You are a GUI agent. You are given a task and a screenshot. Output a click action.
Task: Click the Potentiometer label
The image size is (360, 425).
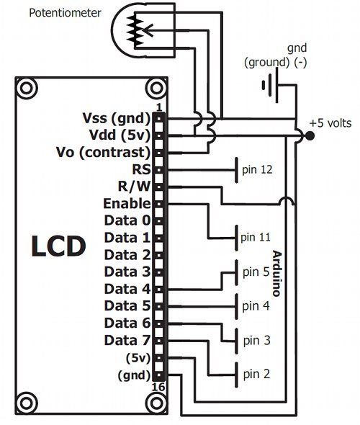[x=65, y=13]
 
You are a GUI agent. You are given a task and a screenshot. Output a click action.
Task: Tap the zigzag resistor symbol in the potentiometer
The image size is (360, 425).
[x=135, y=30]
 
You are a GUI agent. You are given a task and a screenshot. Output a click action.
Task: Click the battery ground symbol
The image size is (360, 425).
[x=270, y=86]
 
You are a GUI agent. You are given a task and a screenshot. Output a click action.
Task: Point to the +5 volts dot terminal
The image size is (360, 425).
[x=310, y=135]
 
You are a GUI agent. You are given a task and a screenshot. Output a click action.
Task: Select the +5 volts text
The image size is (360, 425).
[x=330, y=123]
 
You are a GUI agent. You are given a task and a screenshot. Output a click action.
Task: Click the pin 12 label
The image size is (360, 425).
[x=257, y=170]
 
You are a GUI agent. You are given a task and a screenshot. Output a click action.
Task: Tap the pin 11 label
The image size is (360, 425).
[x=256, y=238]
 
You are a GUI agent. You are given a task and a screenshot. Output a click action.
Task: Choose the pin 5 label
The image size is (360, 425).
[x=256, y=272]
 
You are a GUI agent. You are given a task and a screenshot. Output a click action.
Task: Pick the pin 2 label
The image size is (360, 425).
[x=256, y=374]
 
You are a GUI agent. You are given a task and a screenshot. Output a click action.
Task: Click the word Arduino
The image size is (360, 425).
[x=276, y=273]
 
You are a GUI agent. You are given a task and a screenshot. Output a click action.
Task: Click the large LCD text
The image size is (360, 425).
[x=58, y=246]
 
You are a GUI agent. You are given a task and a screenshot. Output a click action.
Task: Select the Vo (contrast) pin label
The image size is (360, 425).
[x=103, y=152]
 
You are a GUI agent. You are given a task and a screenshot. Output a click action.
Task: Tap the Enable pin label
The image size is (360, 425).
[x=127, y=203]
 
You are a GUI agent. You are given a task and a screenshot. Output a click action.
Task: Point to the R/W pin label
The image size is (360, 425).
[x=134, y=187]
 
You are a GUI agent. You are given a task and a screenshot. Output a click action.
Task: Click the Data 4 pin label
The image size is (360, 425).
[x=127, y=289]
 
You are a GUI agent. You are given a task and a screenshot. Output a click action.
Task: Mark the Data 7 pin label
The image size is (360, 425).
[x=127, y=341]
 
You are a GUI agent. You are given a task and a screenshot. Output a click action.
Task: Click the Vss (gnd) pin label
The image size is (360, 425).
[x=116, y=118]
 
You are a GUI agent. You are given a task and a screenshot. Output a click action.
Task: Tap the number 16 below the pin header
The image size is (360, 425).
[x=158, y=387]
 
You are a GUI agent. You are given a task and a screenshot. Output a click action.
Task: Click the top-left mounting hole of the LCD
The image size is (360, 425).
[x=27, y=88]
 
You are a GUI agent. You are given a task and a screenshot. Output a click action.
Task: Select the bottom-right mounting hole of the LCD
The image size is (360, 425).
[x=156, y=403]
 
